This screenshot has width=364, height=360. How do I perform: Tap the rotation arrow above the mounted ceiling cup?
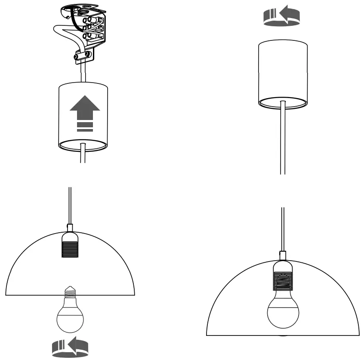281,16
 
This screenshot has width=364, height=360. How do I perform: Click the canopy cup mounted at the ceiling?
282,73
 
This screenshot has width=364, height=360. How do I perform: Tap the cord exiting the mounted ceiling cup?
282,138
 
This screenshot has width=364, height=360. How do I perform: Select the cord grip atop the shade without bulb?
71,227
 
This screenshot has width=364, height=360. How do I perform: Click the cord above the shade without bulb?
70,204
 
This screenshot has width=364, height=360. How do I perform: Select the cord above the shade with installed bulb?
282,228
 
